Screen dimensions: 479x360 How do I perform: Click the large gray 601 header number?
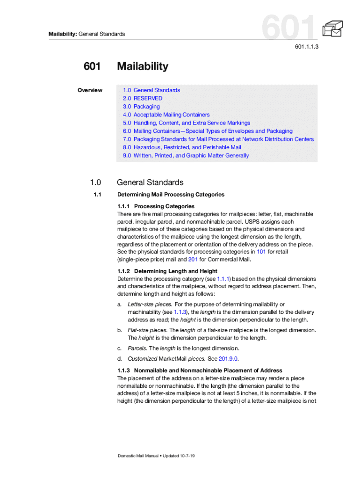coord(289,27)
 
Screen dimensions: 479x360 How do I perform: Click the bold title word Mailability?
coord(143,66)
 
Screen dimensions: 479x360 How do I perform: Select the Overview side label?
coord(90,90)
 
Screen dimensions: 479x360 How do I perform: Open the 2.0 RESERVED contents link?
coord(143,98)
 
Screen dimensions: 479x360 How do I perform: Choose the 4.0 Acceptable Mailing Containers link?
coord(166,115)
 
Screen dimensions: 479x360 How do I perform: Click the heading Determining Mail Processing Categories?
coord(171,195)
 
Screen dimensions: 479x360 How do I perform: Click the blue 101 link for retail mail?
coord(262,252)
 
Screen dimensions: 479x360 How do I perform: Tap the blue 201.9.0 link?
coord(228,359)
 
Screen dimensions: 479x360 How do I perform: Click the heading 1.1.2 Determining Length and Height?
coord(167,271)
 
